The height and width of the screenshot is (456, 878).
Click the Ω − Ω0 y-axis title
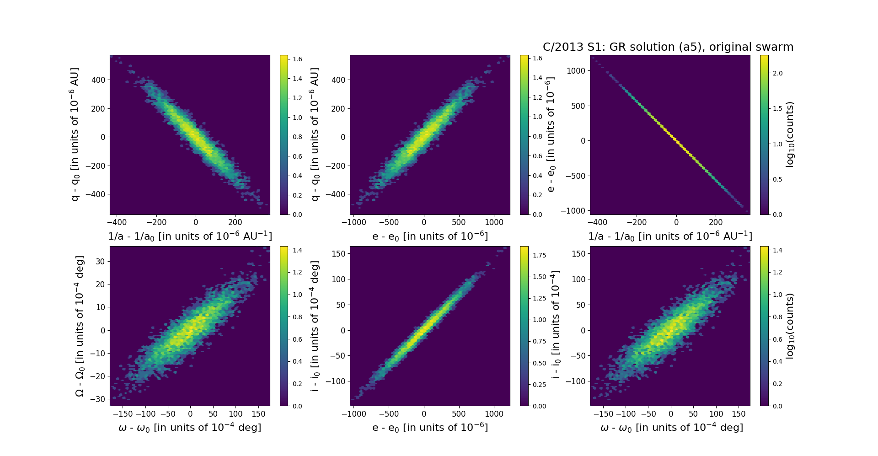point(80,326)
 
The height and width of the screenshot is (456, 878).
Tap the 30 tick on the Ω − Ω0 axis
point(100,262)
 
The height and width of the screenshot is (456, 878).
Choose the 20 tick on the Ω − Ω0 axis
point(100,284)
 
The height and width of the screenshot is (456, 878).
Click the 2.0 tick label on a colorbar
point(777,73)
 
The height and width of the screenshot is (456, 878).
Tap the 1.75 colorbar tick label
point(540,255)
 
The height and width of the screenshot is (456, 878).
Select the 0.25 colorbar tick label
point(540,385)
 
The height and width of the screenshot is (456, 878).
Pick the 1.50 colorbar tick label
point(540,277)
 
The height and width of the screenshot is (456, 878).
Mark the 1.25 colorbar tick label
point(540,298)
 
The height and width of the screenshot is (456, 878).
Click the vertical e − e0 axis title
point(551,134)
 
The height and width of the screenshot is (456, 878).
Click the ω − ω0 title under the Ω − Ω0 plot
point(190,428)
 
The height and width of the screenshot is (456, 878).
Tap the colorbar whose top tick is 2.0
point(764,134)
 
